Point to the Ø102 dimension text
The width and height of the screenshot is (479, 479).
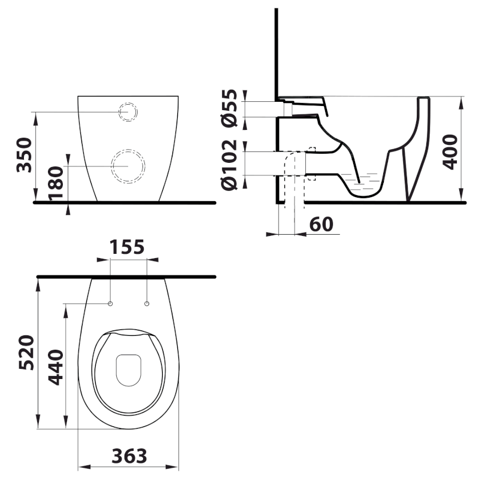231,165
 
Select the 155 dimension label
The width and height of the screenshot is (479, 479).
128,247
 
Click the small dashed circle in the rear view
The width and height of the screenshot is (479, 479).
128,112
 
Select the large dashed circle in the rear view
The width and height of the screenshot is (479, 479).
128,165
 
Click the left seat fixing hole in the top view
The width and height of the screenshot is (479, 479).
111,304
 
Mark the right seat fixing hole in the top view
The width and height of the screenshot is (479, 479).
147,304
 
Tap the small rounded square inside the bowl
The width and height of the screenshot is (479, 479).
127,370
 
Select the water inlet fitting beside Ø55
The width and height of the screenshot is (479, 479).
288,110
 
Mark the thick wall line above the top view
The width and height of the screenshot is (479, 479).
126,277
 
